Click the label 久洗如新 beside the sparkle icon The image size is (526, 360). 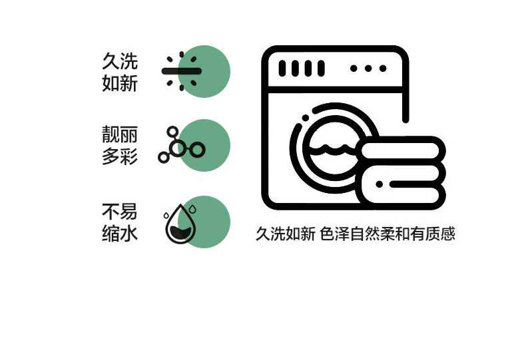(x=120, y=72)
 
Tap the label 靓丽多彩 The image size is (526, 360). (x=120, y=145)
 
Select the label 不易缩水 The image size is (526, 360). (x=120, y=222)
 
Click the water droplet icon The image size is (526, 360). (x=180, y=223)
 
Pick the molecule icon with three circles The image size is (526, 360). (x=182, y=145)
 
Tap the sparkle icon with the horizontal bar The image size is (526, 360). (x=182, y=71)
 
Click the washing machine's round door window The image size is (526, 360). (x=333, y=148)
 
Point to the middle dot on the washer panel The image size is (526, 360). (x=368, y=69)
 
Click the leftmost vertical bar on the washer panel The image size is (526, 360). (x=282, y=69)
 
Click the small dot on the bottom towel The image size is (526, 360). (x=380, y=184)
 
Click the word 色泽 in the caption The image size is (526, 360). (x=334, y=234)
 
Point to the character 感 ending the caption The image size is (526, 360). (x=448, y=234)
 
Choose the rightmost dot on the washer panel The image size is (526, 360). (x=383, y=69)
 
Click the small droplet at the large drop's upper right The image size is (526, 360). (x=192, y=210)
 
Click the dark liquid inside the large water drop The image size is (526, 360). (x=180, y=232)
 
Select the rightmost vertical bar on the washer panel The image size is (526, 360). (x=321, y=69)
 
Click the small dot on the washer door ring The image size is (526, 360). (x=306, y=118)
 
